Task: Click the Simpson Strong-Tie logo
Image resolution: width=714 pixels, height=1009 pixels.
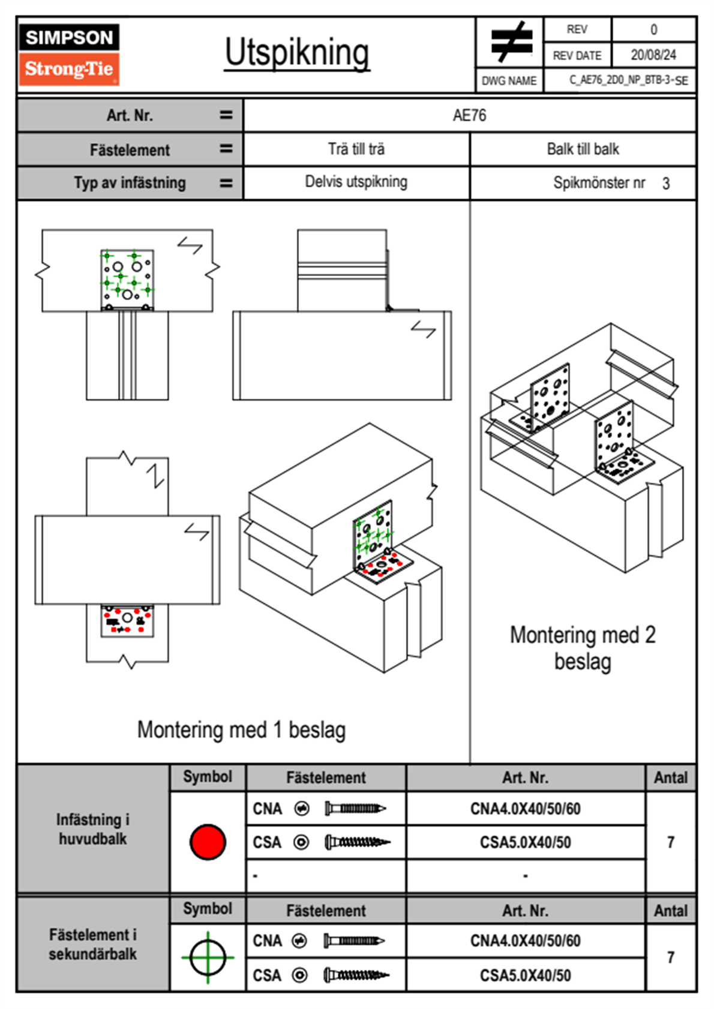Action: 69,54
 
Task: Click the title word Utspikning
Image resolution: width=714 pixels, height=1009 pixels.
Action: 297,53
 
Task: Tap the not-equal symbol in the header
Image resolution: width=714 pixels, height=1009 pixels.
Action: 511,42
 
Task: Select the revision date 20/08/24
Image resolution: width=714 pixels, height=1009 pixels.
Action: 653,55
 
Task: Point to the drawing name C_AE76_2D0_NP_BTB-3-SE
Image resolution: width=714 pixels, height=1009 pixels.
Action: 628,80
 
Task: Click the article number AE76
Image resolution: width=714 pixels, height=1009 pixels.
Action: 469,115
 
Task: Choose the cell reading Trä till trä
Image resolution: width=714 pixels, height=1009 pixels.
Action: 356,149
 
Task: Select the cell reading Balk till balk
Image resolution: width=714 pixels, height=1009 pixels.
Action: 583,149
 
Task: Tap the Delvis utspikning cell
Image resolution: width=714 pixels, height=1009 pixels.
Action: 356,182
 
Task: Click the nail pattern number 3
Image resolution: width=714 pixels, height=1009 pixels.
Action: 666,184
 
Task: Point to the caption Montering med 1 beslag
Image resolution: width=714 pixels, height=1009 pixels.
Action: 241,730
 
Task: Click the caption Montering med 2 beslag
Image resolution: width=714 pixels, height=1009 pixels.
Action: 583,648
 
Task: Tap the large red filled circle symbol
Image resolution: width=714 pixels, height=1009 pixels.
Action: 208,842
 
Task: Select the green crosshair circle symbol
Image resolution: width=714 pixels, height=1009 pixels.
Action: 208,957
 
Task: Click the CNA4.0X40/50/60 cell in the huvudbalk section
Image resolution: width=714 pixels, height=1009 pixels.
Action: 525,809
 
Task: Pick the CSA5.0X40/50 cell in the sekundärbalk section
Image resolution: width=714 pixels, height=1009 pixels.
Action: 525,975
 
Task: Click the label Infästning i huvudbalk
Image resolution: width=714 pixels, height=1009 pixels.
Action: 93,828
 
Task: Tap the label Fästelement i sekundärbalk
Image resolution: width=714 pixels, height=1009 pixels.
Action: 93,944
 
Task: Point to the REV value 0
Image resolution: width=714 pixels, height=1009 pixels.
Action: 653,29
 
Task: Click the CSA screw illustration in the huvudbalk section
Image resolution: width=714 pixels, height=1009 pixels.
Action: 356,842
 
